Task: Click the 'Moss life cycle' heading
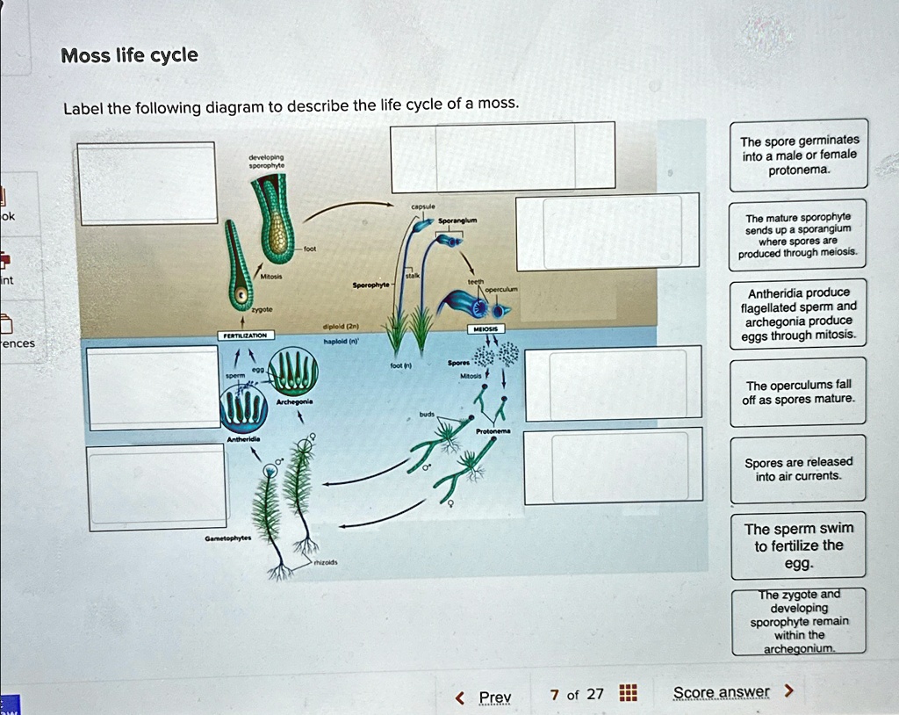point(129,56)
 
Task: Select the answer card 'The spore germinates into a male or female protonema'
point(799,155)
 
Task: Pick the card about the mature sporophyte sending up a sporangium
point(799,235)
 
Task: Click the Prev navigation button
point(485,697)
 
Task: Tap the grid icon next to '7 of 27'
point(627,694)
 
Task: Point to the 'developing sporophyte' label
point(265,160)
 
